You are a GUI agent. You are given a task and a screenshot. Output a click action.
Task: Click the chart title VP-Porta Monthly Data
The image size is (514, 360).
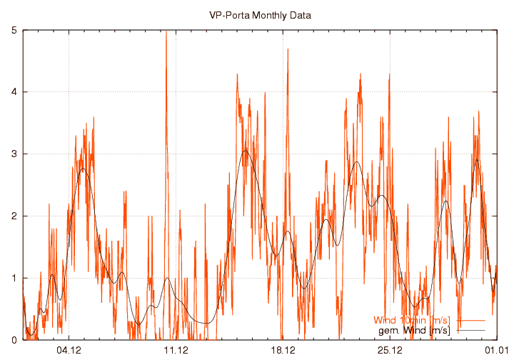(260, 14)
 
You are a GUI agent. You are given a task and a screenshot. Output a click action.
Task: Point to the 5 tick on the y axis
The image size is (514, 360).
(15, 30)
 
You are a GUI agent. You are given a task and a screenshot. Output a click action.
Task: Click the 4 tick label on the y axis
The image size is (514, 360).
(15, 92)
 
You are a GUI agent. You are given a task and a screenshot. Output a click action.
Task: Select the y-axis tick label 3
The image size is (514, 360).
(15, 154)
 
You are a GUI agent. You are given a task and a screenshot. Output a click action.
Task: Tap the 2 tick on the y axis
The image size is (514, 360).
(15, 216)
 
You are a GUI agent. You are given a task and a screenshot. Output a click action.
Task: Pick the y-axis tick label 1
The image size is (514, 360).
(15, 279)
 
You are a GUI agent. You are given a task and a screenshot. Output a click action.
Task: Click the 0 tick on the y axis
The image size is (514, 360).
(15, 340)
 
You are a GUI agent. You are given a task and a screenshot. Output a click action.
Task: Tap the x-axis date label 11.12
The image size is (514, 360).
(176, 350)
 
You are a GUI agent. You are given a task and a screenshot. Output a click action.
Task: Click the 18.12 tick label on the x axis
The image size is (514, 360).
(283, 350)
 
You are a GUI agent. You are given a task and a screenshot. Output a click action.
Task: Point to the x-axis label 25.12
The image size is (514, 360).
(390, 350)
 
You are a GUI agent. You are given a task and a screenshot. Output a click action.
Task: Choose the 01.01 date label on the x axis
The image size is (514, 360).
(496, 350)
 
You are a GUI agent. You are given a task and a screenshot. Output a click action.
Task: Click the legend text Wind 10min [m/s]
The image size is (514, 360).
(410, 320)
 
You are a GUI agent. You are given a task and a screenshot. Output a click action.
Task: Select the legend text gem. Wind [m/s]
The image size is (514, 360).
(417, 330)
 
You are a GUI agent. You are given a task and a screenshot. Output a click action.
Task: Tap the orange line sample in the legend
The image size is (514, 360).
(470, 320)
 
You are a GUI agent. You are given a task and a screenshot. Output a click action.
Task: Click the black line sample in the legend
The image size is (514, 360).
(470, 330)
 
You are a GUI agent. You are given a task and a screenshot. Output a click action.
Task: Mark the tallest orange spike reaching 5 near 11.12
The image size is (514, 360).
(166, 31)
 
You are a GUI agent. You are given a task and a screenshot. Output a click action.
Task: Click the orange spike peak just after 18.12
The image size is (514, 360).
(288, 49)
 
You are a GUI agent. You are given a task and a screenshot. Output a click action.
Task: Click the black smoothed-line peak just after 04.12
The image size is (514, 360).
(83, 169)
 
